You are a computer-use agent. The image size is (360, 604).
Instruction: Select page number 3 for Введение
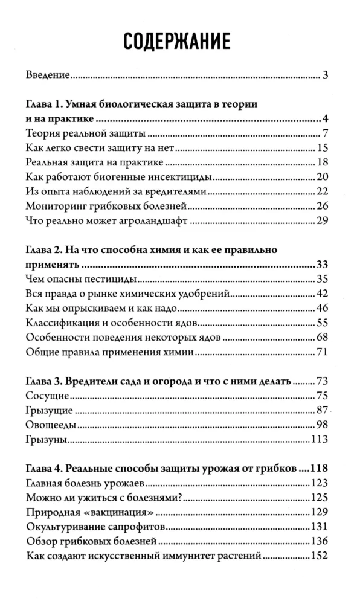tap(324, 76)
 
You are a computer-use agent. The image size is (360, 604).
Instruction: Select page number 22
tap(321, 191)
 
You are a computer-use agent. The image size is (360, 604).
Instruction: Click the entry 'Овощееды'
tap(51, 425)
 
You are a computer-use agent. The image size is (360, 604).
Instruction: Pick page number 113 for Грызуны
tap(318, 439)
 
